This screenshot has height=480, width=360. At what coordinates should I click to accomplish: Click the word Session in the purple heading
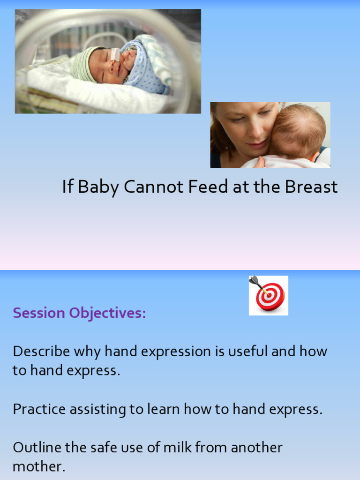(x=39, y=313)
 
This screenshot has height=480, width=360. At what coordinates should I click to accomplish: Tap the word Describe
(x=41, y=351)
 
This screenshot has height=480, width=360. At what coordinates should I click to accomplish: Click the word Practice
(x=39, y=409)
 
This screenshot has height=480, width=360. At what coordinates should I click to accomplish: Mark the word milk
(x=178, y=448)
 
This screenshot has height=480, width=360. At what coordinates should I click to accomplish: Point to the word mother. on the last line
(x=39, y=467)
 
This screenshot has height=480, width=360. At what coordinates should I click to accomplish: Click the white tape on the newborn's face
(x=115, y=54)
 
